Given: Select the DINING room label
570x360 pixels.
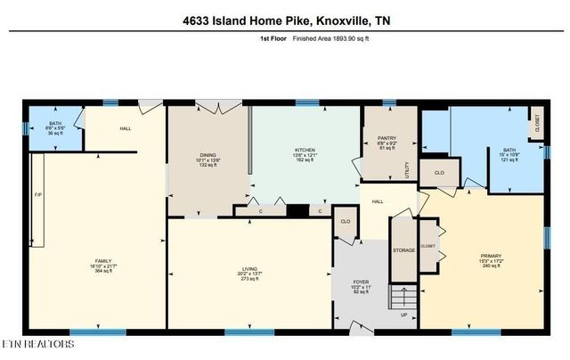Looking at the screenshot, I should pos(207,155).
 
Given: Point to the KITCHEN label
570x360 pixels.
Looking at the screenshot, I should pos(306,149).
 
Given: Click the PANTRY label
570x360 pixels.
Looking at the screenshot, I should pos(374,138).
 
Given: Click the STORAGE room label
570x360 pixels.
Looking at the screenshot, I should pos(403,250).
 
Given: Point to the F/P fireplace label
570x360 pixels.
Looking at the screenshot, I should pos(37,195).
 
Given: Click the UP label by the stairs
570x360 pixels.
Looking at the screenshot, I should pos(405,315).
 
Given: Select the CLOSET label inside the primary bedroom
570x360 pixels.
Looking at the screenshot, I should pos(427,246).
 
